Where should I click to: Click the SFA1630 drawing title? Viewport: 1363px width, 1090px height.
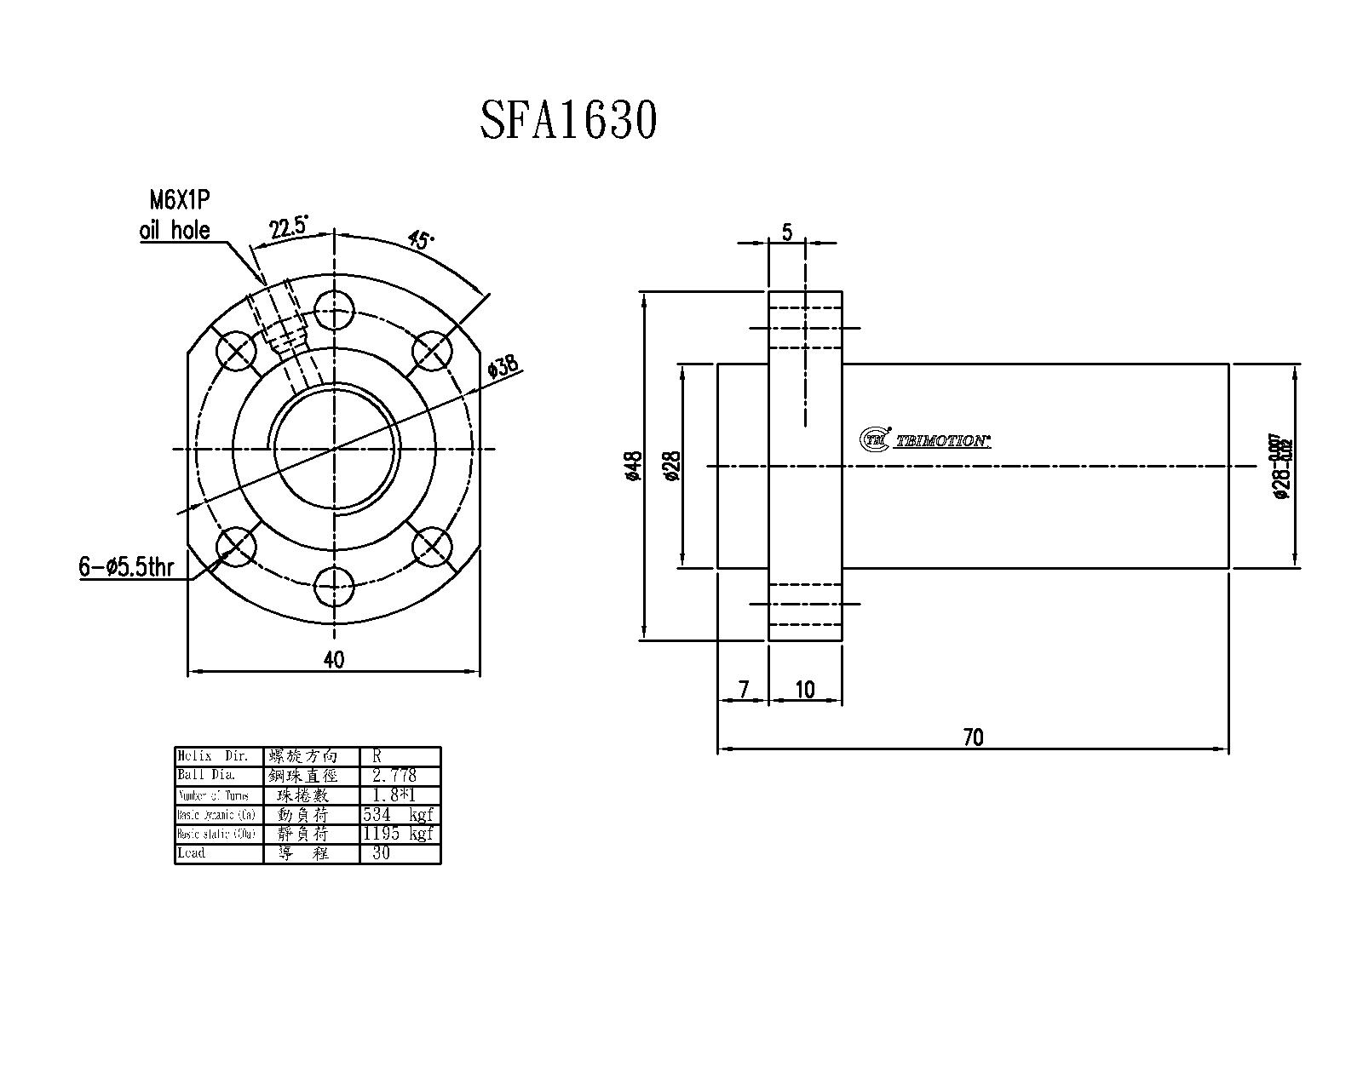click(x=568, y=120)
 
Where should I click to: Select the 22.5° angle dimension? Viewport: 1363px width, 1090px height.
click(x=289, y=228)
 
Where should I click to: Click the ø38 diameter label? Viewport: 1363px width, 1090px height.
click(x=503, y=367)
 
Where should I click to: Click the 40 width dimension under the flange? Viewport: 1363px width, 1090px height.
click(x=334, y=660)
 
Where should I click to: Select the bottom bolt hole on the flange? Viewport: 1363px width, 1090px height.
click(x=335, y=585)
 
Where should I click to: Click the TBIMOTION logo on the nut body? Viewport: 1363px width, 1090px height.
click(x=925, y=439)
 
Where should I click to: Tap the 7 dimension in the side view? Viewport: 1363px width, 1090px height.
click(x=743, y=689)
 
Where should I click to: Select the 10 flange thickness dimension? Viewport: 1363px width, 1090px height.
click(x=804, y=689)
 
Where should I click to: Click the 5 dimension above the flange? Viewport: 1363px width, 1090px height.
click(x=786, y=232)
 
